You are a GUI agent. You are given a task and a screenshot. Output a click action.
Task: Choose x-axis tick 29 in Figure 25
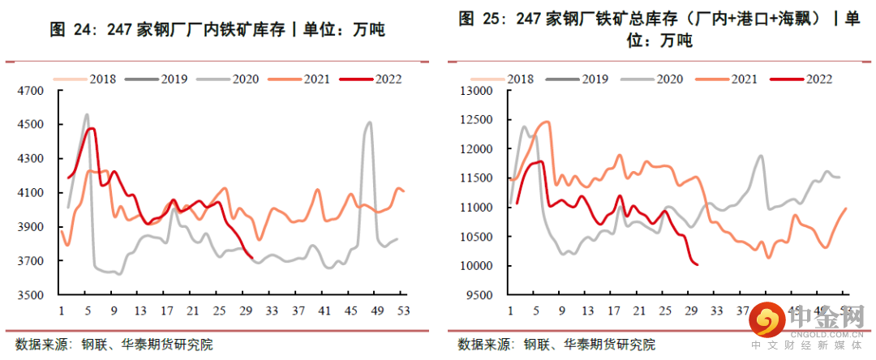pos(691,311)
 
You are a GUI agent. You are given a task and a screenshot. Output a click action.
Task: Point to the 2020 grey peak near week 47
pos(370,123)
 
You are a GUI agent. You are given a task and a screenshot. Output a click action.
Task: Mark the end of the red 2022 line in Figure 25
pos(698,264)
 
